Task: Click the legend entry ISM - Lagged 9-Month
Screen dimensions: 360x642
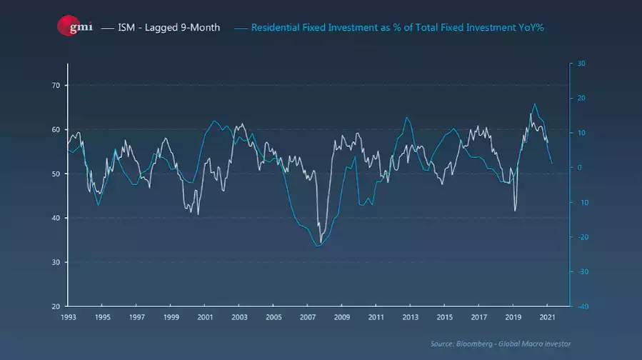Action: pyautogui.click(x=168, y=27)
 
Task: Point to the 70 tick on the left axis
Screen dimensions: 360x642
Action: pyautogui.click(x=55, y=86)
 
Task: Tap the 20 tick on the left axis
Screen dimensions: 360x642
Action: pyautogui.click(x=55, y=306)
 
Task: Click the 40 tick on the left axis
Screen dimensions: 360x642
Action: pyautogui.click(x=55, y=218)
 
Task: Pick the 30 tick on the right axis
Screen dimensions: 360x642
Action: pyautogui.click(x=581, y=64)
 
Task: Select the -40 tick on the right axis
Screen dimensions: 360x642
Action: pyautogui.click(x=581, y=306)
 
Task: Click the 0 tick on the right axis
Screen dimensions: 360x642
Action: pyautogui.click(x=580, y=168)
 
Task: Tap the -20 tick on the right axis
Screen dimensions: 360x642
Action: pyautogui.click(x=581, y=237)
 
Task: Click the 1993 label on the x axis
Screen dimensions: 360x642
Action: pyautogui.click(x=69, y=316)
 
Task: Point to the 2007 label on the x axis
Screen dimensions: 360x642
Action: pyautogui.click(x=308, y=316)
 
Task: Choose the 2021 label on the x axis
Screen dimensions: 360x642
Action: pyautogui.click(x=547, y=316)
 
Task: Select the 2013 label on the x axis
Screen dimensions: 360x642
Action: pyautogui.click(x=410, y=316)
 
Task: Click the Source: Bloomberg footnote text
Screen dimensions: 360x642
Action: pyautogui.click(x=501, y=344)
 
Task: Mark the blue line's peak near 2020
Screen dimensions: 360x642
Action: pyautogui.click(x=534, y=104)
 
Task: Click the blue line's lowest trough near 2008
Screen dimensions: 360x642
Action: pyautogui.click(x=316, y=246)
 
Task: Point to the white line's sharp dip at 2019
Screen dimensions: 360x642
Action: pyautogui.click(x=515, y=211)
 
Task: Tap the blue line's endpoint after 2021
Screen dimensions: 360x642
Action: pyautogui.click(x=552, y=164)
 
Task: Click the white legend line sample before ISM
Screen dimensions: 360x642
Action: pyautogui.click(x=108, y=27)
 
